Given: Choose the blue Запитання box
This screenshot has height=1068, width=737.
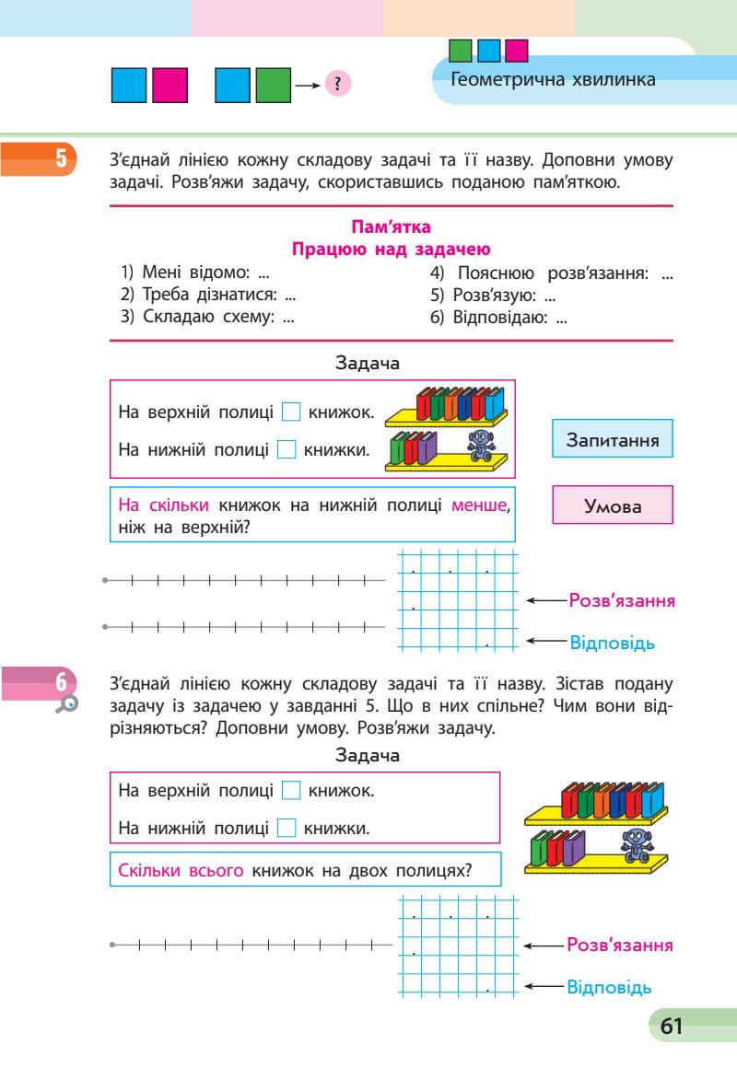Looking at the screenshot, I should (612, 440).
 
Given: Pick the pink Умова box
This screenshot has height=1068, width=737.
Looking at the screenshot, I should (612, 506).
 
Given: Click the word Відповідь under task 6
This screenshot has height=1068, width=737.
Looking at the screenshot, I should (611, 987).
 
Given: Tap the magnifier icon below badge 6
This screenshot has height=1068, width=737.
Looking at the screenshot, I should (68, 704).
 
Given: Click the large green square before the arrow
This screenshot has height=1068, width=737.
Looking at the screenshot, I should (273, 84).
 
